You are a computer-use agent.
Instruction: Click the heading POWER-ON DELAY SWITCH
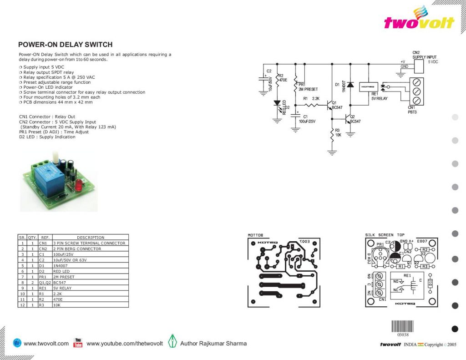(x=65, y=45)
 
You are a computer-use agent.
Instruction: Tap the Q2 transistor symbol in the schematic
(x=348, y=119)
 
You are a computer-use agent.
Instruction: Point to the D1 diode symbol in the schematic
(x=350, y=85)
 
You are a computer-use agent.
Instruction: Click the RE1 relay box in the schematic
(x=367, y=86)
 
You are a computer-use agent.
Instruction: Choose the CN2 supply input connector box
(x=419, y=66)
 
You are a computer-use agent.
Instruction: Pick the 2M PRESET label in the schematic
(x=308, y=89)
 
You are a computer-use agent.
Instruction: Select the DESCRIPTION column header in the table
(x=90, y=237)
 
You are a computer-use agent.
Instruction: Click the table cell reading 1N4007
(x=61, y=265)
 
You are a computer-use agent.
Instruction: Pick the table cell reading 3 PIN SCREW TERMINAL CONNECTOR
(x=89, y=243)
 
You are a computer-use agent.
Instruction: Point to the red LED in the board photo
(x=78, y=186)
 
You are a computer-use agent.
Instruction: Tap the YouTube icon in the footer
(x=78, y=343)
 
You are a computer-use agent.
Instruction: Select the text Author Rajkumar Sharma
(x=213, y=343)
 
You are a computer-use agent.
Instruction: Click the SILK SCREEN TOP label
(x=385, y=235)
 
